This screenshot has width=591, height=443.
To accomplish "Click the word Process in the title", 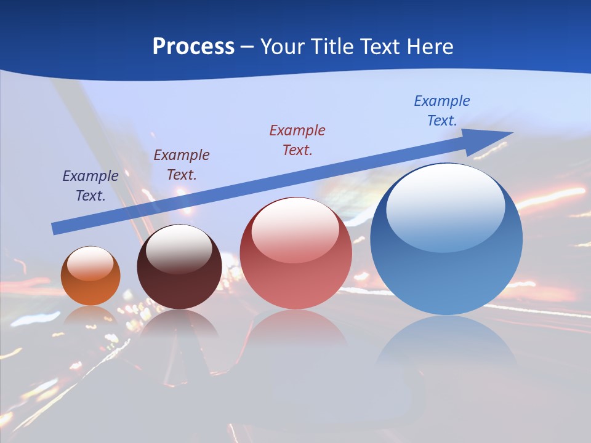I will pyautogui.click(x=193, y=47).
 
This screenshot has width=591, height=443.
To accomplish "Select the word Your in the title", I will pyautogui.click(x=283, y=47).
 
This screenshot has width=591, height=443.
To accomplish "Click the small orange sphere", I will pyautogui.click(x=90, y=276).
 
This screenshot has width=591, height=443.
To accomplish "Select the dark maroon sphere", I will pyautogui.click(x=179, y=271).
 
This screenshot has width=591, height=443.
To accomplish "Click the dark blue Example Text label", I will pyautogui.click(x=90, y=185).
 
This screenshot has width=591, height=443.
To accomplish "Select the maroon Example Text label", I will pyautogui.click(x=182, y=164).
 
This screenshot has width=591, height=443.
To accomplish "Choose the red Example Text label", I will pyautogui.click(x=297, y=140).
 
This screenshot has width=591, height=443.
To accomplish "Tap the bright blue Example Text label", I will pyautogui.click(x=442, y=110).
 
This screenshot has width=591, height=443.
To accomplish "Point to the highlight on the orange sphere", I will pyautogui.click(x=90, y=263).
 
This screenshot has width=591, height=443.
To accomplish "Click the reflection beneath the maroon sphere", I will pyautogui.click(x=179, y=323).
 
